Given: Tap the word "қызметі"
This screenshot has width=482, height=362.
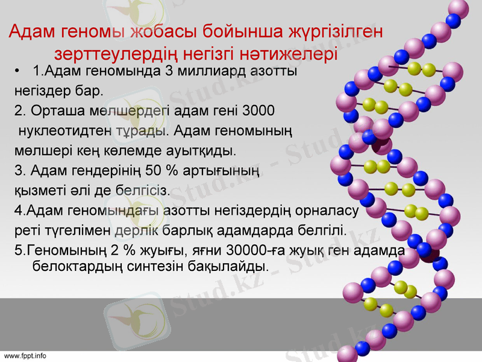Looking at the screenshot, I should pos(38,191).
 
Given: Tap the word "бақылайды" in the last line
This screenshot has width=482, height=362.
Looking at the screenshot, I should pos(234,265).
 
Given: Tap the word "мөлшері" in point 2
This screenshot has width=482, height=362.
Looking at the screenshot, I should pos(38,150).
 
